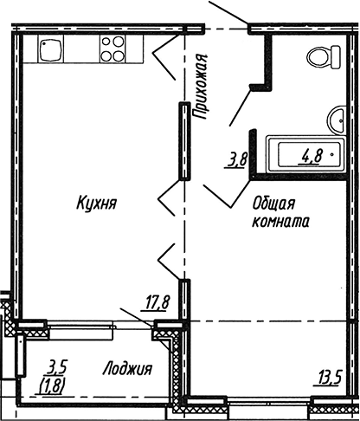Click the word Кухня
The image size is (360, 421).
click(96, 204)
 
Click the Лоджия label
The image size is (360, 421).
click(126, 368)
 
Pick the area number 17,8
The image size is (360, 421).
click(156, 302)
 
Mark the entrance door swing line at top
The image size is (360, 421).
click(230, 15)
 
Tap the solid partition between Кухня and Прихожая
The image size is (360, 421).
click(183, 140)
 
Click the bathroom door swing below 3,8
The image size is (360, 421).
click(227, 195)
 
